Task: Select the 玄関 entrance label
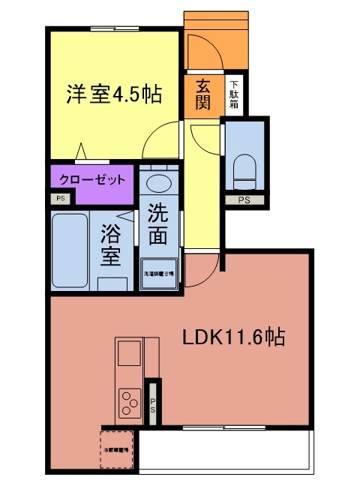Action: click(202, 94)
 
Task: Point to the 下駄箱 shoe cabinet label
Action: click(234, 94)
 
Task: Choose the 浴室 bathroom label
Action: click(111, 245)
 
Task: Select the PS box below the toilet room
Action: click(244, 200)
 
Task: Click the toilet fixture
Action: click(244, 172)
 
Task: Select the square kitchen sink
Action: click(127, 351)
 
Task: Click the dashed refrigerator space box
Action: click(115, 450)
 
